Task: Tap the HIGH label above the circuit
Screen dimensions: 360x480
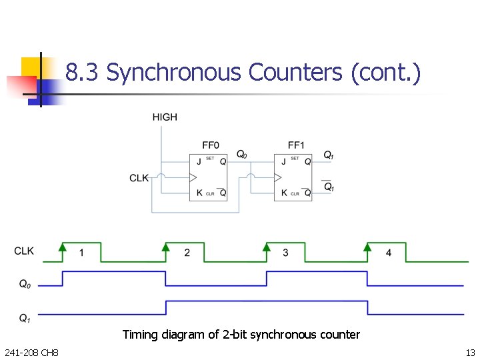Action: coord(165,117)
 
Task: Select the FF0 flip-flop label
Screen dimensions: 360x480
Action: coord(211,145)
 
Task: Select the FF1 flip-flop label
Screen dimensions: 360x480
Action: coord(296,145)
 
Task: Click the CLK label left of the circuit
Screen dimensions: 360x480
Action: coord(139,178)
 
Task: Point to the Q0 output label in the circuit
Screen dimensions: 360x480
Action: coord(242,154)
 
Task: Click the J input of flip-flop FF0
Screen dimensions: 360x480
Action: coord(199,161)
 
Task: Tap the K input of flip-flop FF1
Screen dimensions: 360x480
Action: coord(284,193)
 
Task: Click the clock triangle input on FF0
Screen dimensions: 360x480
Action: coord(193,177)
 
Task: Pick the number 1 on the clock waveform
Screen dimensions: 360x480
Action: coord(81,253)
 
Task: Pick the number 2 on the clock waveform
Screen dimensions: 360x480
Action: coord(187,253)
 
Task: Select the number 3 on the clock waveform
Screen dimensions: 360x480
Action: coord(285,253)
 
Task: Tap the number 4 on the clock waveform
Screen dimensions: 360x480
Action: coord(389,253)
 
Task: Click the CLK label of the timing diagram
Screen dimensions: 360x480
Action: coord(24,251)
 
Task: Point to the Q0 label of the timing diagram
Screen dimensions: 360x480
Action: coord(24,285)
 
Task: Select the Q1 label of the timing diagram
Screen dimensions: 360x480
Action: coord(24,318)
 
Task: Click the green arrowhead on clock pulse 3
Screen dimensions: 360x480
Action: coord(267,247)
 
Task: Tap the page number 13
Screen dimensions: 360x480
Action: coord(470,352)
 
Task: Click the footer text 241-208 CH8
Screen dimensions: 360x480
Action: coord(31,352)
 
